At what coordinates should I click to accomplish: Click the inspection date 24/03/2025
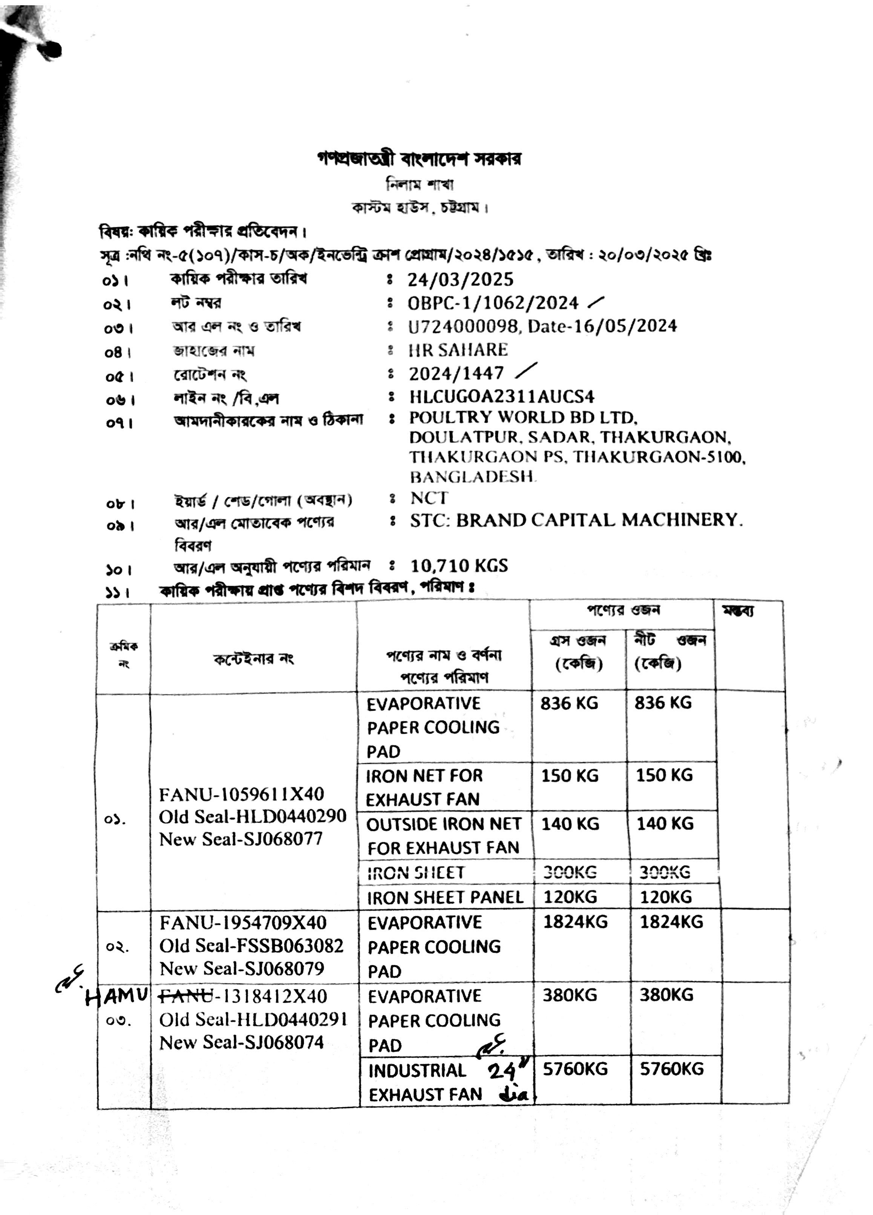460,280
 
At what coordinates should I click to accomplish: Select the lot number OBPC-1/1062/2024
493,303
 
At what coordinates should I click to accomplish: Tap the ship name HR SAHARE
458,350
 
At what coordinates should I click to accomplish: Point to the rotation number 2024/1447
456,373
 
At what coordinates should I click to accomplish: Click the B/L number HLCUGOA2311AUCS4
502,397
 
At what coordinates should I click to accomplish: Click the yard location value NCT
428,498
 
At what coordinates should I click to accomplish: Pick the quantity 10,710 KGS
459,566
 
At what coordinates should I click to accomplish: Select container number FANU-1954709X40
243,923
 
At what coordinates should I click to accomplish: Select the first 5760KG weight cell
575,1069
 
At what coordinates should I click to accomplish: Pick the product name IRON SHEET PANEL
445,898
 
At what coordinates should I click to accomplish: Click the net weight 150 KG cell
664,775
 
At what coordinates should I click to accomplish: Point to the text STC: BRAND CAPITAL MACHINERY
576,520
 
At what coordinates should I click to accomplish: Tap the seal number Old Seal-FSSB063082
251,946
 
